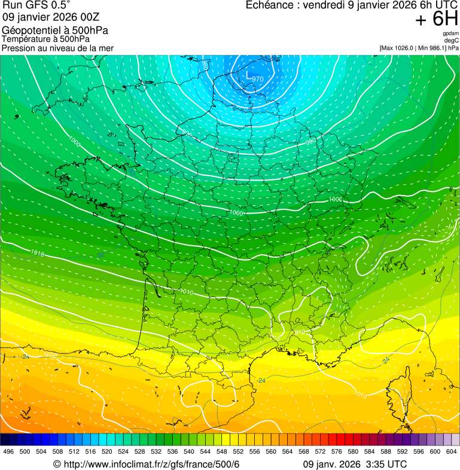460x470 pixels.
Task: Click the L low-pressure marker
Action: coord(249,75)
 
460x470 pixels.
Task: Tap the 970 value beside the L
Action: coord(258,79)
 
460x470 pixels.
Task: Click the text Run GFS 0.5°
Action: coord(36,5)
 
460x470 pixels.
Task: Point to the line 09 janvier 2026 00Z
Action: coord(51,17)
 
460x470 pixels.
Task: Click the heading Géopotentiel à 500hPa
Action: coord(55,30)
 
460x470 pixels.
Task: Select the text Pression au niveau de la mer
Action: coord(57,48)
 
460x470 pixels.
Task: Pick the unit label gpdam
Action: coord(450,33)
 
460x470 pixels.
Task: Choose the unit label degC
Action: coord(452,40)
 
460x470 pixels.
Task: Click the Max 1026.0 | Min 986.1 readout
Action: coord(419,48)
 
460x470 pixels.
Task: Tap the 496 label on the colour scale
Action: coord(8,451)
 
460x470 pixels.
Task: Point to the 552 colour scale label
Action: coord(238,451)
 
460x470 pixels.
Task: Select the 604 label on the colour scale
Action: coord(451,451)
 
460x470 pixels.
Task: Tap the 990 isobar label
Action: coord(311,142)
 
